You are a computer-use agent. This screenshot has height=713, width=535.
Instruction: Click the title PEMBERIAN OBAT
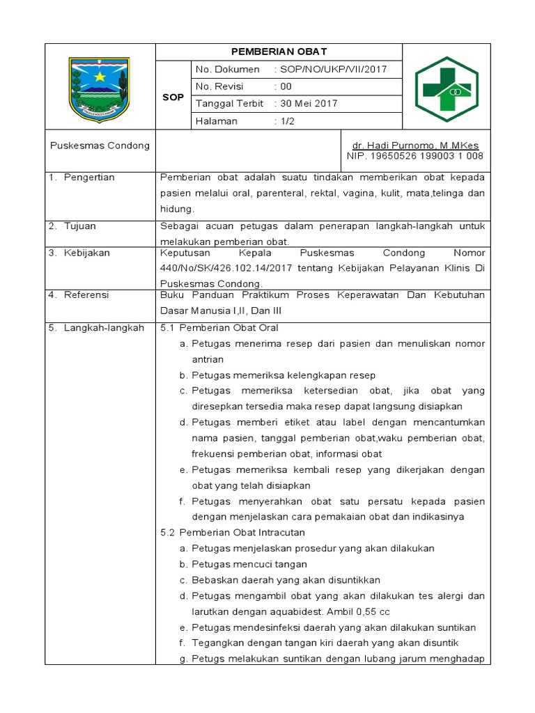point(279,52)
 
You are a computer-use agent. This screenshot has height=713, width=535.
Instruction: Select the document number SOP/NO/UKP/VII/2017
point(332,70)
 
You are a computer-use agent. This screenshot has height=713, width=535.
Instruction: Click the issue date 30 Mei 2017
point(308,104)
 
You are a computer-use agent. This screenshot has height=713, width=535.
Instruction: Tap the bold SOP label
point(173,97)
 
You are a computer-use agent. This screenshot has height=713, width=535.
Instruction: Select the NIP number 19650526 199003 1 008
point(415,156)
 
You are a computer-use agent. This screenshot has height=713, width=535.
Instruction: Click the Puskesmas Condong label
point(100,146)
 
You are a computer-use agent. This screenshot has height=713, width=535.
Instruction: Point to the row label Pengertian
point(89,178)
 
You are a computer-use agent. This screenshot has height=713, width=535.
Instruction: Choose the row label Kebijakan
point(86,253)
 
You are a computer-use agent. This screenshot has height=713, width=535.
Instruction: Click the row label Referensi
point(86,295)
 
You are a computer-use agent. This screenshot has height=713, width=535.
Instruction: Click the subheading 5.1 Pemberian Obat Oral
point(219,327)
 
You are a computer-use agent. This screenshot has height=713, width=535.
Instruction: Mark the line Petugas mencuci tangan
point(249,564)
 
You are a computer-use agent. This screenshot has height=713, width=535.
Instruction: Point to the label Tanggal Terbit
point(230,104)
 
